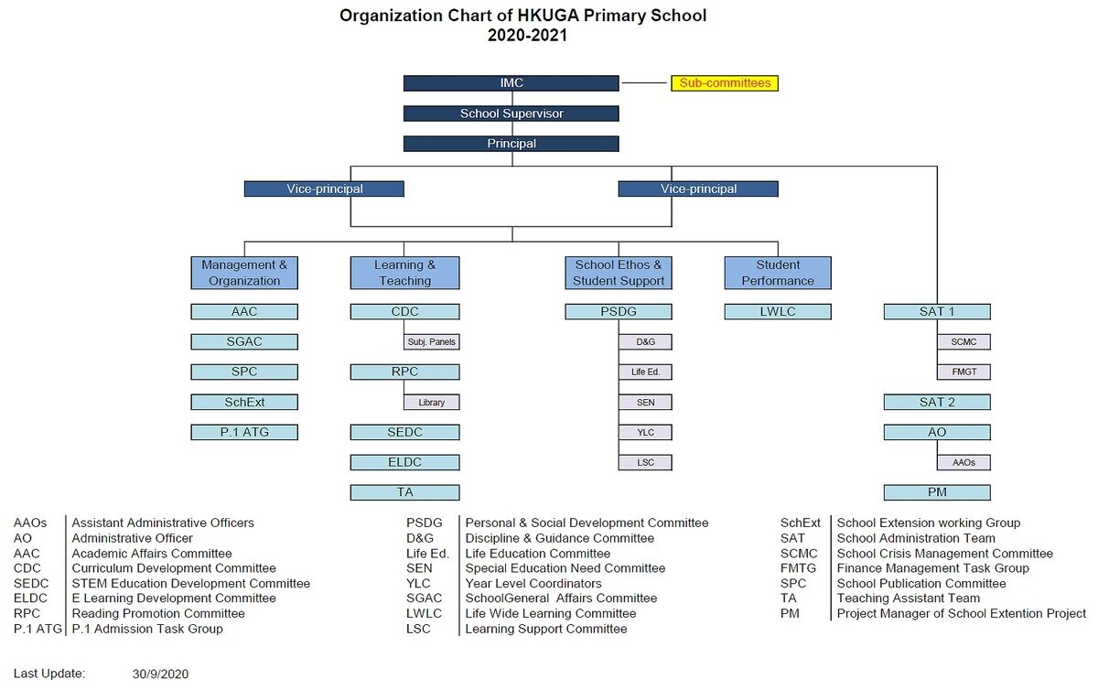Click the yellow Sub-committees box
(724, 83)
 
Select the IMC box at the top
(511, 83)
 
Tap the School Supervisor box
(511, 113)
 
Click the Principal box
(511, 144)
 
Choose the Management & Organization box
(244, 273)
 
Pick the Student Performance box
(778, 273)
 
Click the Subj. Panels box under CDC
(431, 342)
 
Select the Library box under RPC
(431, 402)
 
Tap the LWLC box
(778, 311)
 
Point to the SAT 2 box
(937, 402)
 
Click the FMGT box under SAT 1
(963, 372)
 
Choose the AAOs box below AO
(963, 462)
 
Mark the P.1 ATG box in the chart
(244, 432)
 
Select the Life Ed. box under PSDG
(645, 372)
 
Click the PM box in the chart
(937, 492)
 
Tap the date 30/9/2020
(160, 674)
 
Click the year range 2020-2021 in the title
(527, 36)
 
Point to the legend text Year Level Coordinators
(533, 584)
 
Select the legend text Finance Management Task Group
(932, 568)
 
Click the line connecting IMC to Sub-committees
(644, 83)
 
